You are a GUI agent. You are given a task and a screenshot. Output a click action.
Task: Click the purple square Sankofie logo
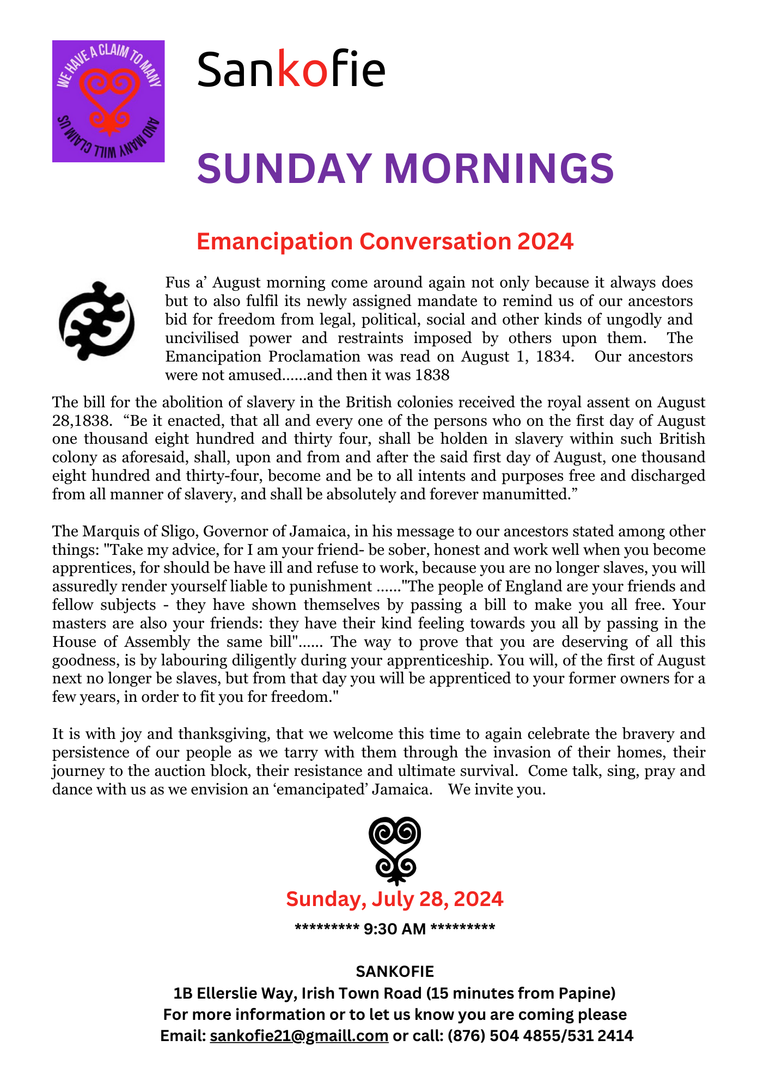[x=108, y=101]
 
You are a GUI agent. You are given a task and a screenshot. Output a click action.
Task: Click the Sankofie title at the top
[x=291, y=69]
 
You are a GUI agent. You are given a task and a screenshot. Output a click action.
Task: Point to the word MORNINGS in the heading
[x=499, y=168]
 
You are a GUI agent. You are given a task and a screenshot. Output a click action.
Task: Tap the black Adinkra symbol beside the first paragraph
[x=96, y=321]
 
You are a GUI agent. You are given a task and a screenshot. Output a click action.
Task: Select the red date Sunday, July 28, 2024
[x=395, y=898]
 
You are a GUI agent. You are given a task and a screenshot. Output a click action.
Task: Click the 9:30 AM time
[x=395, y=928]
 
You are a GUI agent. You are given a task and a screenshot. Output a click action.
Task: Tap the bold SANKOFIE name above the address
[x=395, y=971]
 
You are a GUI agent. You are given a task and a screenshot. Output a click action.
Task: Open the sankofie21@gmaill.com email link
[x=299, y=1036]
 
